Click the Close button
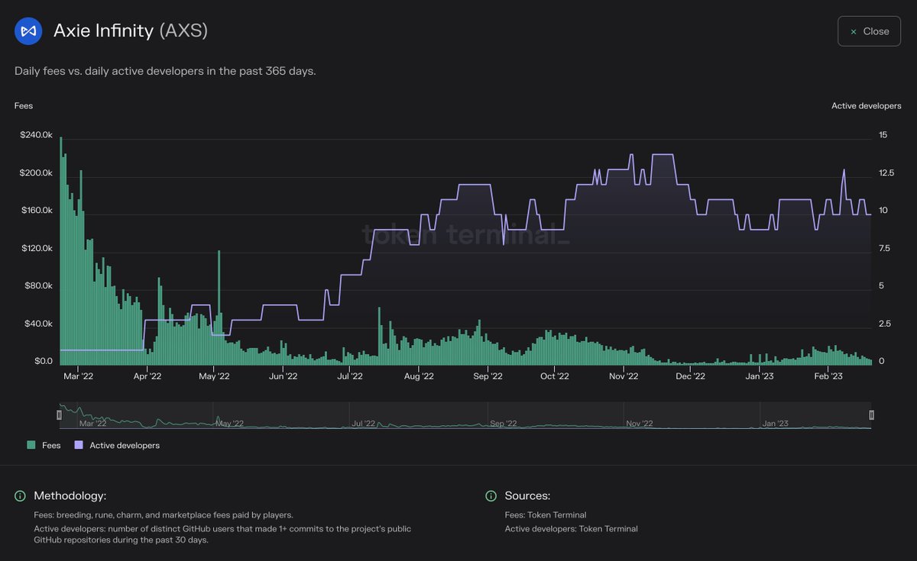pos(869,31)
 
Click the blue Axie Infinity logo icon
pos(28,31)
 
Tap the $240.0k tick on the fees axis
pos(36,135)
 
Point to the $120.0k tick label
pos(36,248)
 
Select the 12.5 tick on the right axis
pos(886,172)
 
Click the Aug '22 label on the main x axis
pos(418,376)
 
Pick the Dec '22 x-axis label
pos(690,376)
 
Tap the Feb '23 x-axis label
pos(828,376)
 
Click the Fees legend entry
pos(44,445)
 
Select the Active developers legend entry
pos(117,445)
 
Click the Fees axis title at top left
pos(24,106)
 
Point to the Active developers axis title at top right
pos(866,106)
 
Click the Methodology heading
pos(70,496)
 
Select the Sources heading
pos(527,496)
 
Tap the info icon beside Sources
pos(491,496)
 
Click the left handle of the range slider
pos(59,414)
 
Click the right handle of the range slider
pos(871,414)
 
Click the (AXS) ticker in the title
pos(183,31)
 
